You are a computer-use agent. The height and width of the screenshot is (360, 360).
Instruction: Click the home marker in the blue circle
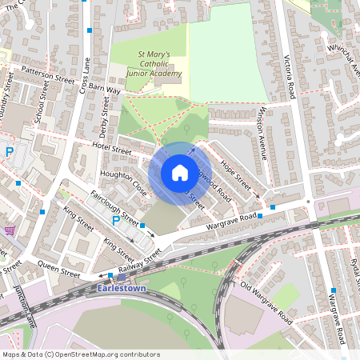coord(179,173)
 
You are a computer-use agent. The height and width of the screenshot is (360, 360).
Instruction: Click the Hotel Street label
coord(110,148)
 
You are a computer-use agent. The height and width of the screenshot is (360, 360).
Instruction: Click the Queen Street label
coord(59,270)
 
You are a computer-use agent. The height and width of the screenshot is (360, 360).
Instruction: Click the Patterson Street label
coord(49,75)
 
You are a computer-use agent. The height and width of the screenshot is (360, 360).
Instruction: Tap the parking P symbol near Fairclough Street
coord(116,222)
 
